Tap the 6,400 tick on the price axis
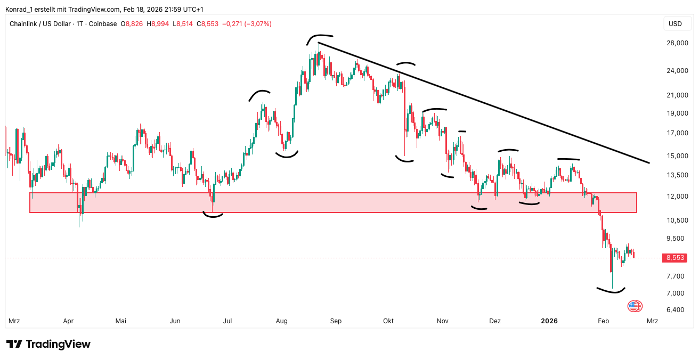coord(676,310)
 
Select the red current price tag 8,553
coord(675,258)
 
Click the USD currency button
coord(675,24)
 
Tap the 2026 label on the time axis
coord(549,321)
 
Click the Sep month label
coord(336,321)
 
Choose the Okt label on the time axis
coord(388,321)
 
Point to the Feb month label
coord(603,321)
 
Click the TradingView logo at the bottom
coord(48,344)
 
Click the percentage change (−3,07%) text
coord(258,24)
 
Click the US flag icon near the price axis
coord(633,306)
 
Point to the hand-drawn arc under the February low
coord(611,291)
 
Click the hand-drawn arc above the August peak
coord(320,37)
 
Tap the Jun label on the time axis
coord(175,321)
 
